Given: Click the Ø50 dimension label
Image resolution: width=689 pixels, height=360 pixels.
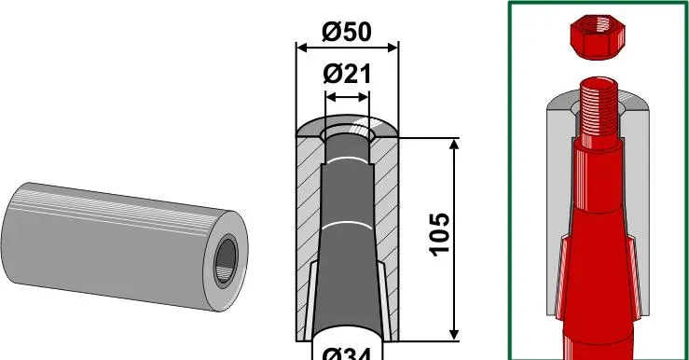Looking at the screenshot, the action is (x=347, y=32).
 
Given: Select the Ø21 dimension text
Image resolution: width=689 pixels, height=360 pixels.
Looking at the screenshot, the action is (x=347, y=74).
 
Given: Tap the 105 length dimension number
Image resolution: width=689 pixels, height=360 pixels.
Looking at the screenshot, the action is (x=440, y=234).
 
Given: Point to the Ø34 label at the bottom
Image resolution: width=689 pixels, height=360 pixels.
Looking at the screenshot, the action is (x=347, y=353).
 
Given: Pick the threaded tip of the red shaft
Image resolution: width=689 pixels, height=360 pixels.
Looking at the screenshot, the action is (x=599, y=107).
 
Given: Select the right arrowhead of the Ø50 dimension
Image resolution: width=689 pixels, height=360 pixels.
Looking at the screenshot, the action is (x=393, y=48).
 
